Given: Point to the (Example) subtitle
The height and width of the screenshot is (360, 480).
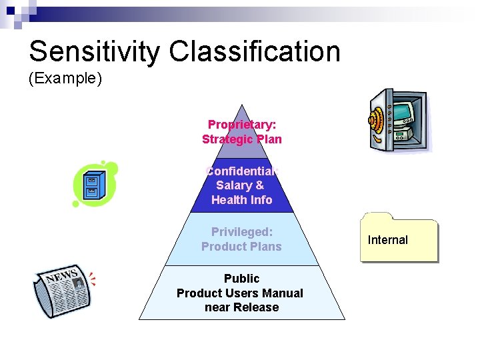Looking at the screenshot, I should tap(65, 79).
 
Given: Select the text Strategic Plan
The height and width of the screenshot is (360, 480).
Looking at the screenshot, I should tap(242, 139).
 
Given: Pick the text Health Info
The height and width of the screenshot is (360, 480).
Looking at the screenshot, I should tap(242, 200).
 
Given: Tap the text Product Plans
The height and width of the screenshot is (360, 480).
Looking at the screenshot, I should tap(242, 247).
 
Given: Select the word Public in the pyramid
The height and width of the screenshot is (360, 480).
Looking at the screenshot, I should tap(242, 278).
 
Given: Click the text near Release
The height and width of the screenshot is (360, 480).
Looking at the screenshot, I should tap(242, 307).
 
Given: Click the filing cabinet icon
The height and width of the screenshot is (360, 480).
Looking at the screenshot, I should tap(95, 183).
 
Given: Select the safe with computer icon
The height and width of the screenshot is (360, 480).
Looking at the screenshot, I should tap(399, 121).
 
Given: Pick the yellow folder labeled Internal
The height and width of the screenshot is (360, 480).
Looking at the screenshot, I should tap(399, 238).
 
